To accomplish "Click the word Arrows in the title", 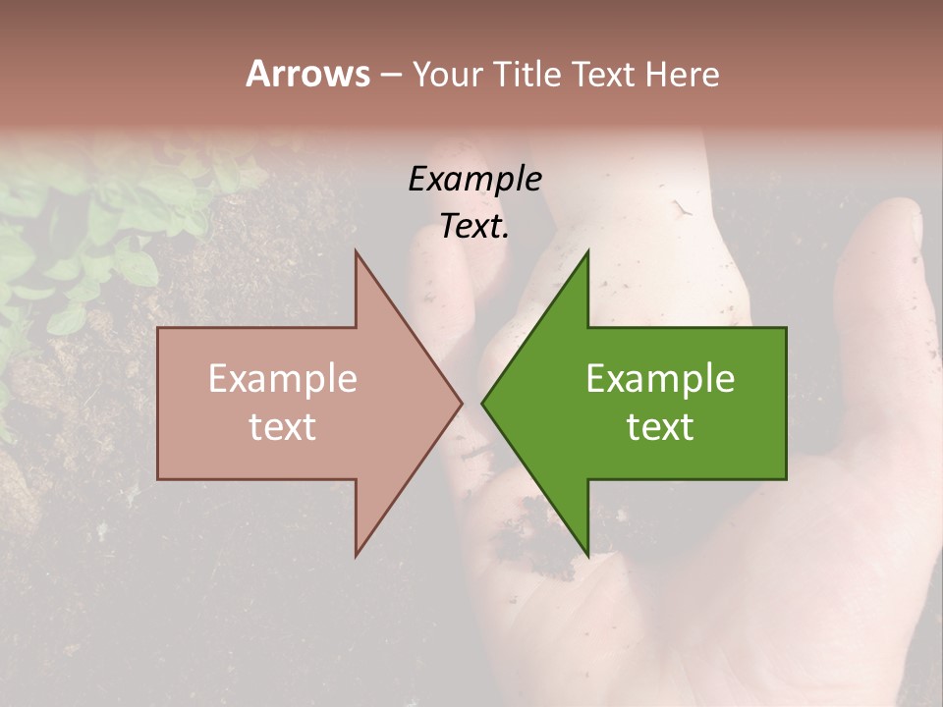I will coord(307,74).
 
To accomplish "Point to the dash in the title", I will coord(390,75).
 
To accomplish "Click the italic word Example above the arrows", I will coord(474,180).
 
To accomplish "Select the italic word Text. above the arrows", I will coord(474,227).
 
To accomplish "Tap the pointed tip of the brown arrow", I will coord(462,403).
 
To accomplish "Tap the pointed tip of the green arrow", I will coord(481,403).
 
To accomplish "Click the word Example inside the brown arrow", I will coord(283,380).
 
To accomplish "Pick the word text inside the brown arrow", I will coord(283,427).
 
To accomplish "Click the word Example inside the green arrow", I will coord(660,380).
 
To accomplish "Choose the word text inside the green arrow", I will coord(660,427).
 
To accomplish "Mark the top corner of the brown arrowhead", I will coord(356,251).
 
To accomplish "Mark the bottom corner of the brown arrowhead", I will coord(356,556).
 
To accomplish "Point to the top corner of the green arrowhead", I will coord(587,251).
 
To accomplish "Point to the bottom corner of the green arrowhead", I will coord(587,556).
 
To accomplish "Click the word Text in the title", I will coord(604,74).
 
